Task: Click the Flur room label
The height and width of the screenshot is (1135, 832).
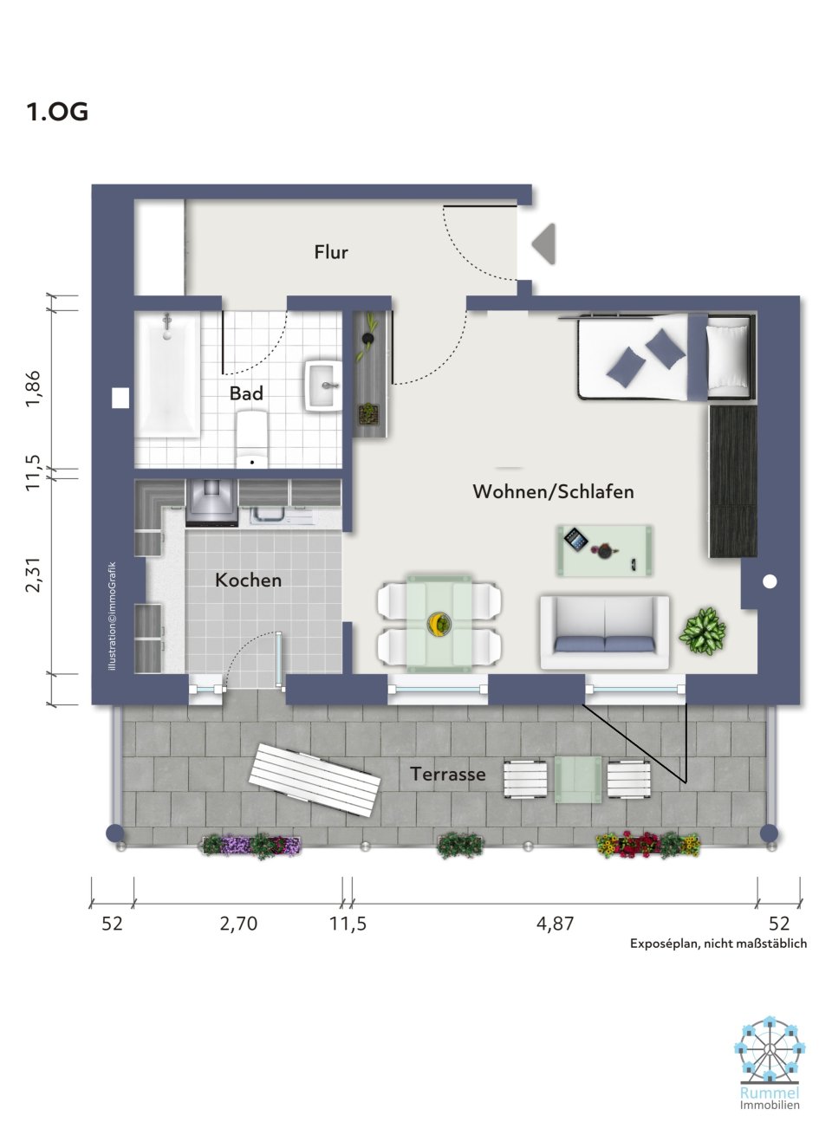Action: (x=331, y=252)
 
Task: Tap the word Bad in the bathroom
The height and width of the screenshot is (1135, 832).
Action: (x=246, y=393)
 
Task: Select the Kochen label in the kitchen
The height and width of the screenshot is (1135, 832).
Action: (x=248, y=580)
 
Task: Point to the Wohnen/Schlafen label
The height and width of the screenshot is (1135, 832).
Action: (x=553, y=491)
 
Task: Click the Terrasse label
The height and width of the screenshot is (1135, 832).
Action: (x=448, y=774)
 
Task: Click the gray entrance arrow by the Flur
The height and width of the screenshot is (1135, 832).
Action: (x=543, y=243)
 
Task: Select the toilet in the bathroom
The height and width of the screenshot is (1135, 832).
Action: (x=252, y=438)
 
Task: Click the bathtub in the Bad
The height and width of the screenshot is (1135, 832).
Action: (x=169, y=375)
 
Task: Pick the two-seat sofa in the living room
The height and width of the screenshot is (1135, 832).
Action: (x=604, y=632)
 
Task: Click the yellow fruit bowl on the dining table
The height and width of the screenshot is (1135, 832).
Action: (x=439, y=623)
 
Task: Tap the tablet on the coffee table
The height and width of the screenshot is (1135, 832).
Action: (x=576, y=539)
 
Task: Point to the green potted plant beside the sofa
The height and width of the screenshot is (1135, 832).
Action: (x=702, y=632)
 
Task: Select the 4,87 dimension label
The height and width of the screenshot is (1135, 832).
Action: (x=555, y=924)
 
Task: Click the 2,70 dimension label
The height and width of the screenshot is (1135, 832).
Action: (x=238, y=924)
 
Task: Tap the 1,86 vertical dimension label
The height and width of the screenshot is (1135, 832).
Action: (x=34, y=388)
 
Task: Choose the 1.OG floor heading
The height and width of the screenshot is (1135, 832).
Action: (x=57, y=112)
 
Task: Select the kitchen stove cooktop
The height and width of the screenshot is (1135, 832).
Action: (x=211, y=503)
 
